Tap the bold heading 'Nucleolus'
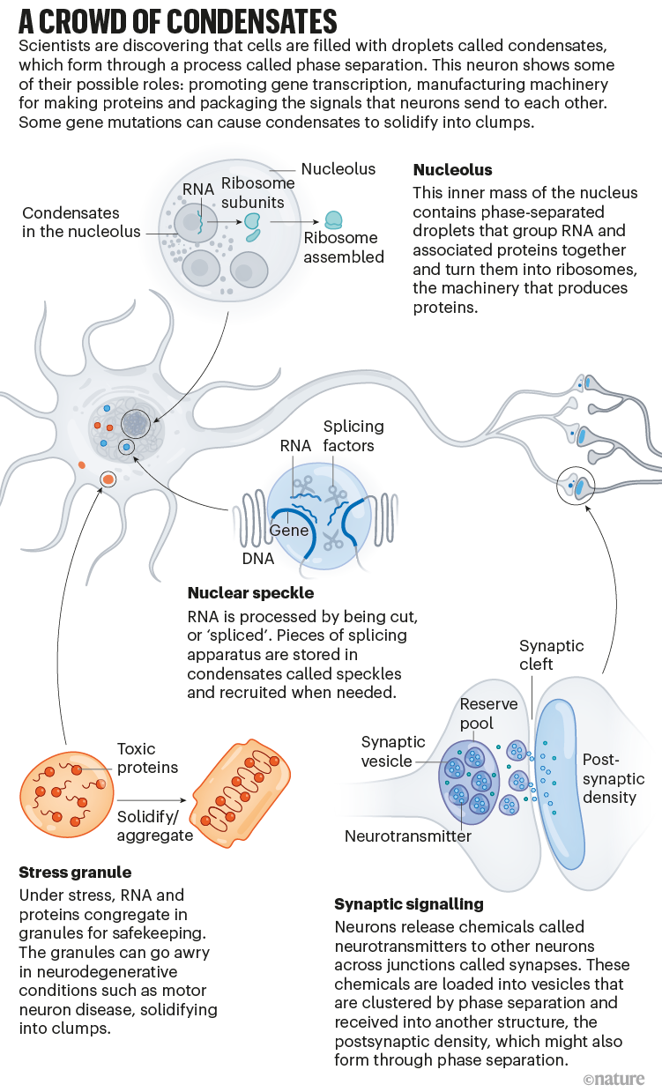tap(452, 169)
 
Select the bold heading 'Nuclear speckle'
tap(250, 593)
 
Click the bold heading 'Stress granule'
tap(75, 873)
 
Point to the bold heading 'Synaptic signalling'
tap(408, 904)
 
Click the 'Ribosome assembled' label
tap(344, 248)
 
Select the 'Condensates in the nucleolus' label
tap(81, 222)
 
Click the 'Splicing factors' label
tap(353, 435)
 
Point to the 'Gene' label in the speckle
tap(288, 531)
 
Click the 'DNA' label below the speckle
tap(257, 559)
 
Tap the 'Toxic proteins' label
tap(147, 758)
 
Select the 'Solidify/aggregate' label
tap(154, 825)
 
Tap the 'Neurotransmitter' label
tap(408, 836)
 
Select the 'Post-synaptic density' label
tap(613, 778)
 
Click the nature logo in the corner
tap(614, 1079)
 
